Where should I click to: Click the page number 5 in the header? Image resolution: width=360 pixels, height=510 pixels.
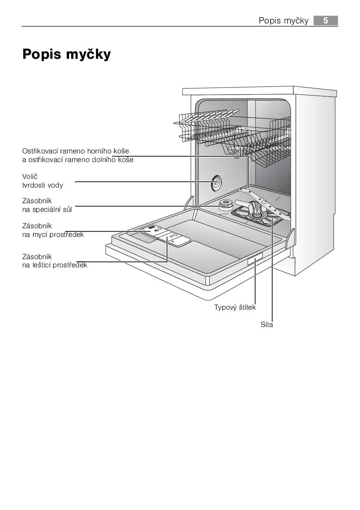325,21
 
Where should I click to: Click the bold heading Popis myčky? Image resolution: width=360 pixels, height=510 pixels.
66,54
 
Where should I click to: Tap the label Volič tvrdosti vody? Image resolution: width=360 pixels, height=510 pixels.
42,181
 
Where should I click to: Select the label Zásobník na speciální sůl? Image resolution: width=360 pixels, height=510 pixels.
47,205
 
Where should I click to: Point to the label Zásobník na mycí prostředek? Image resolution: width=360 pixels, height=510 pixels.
53,230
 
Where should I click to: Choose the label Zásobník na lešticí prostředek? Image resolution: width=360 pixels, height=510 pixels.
54,261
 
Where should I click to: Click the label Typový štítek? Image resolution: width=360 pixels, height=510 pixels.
235,307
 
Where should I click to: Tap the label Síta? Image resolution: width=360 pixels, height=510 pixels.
267,325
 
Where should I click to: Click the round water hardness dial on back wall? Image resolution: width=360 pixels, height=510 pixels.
216,183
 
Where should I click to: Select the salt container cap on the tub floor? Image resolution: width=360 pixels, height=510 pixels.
225,204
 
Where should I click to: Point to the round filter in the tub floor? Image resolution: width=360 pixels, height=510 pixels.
257,214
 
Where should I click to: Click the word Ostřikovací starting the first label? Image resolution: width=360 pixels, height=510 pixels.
40,151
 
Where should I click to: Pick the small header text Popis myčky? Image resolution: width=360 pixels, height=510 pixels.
283,21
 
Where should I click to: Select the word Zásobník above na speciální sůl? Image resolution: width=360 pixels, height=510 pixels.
37,201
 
